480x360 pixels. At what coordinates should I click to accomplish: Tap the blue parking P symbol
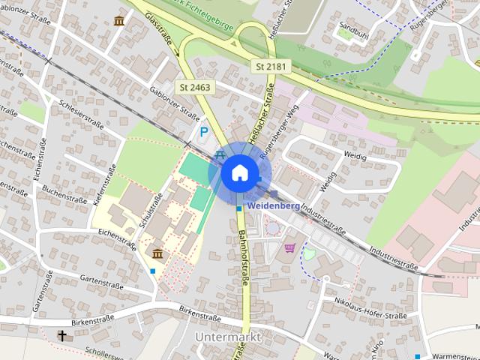204,133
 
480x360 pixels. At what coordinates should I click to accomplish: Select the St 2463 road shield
196,88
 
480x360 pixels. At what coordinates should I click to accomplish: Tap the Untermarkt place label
227,337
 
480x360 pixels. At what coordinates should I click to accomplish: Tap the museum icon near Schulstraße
157,253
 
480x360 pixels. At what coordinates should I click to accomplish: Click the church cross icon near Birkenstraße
62,335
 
